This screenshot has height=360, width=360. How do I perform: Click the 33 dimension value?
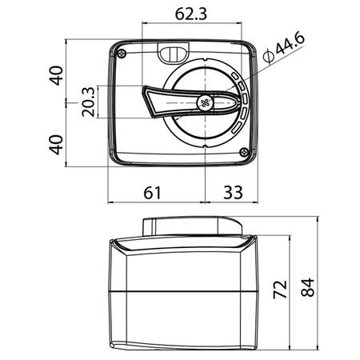(x=231, y=192)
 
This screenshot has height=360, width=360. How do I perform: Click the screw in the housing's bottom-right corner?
(x=243, y=152)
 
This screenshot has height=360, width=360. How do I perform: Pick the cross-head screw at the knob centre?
(x=204, y=102)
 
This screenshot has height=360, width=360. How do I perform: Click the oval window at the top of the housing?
(x=172, y=54)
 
